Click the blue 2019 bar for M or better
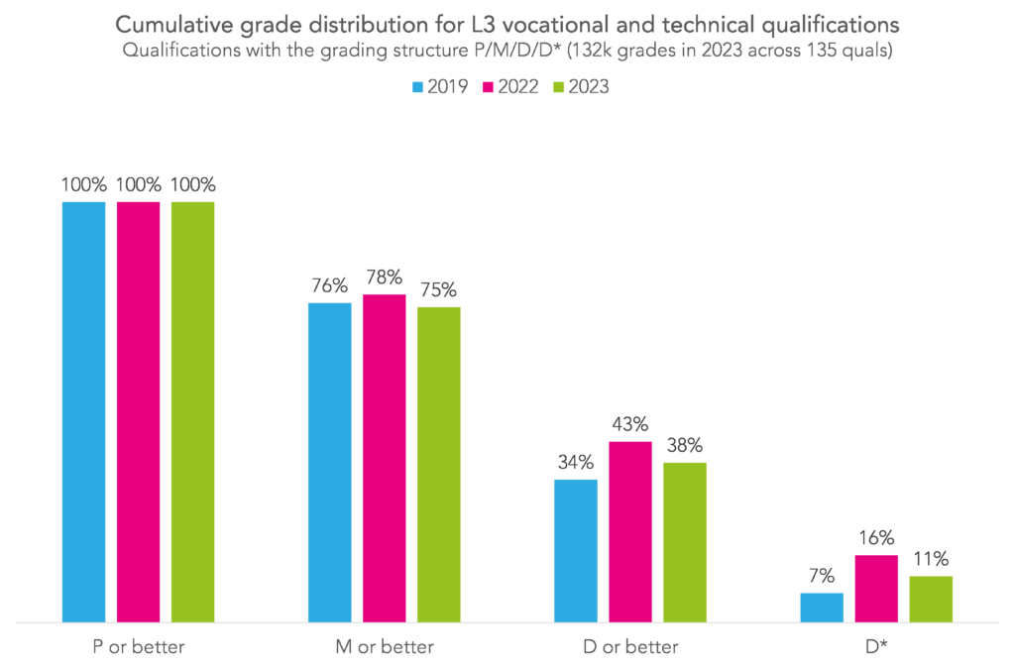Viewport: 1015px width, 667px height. (x=329, y=462)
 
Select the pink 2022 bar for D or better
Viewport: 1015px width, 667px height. (x=629, y=531)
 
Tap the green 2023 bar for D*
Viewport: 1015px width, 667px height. (x=930, y=599)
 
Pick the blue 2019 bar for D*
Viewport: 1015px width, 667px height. (x=821, y=607)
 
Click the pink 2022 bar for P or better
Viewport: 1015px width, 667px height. (x=138, y=411)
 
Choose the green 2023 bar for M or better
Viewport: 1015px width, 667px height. (x=438, y=464)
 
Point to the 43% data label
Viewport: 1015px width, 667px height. (x=630, y=424)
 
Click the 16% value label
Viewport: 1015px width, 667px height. (x=877, y=538)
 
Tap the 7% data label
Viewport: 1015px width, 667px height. (x=822, y=576)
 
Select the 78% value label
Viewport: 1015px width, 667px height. (x=385, y=278)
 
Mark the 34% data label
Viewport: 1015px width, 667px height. (x=575, y=463)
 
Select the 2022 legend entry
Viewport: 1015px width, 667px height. (x=508, y=87)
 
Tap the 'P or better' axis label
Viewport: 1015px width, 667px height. (x=138, y=647)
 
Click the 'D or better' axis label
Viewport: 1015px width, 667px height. (x=629, y=647)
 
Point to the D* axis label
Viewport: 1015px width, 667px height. (x=875, y=647)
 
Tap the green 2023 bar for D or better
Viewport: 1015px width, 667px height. (x=684, y=541)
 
